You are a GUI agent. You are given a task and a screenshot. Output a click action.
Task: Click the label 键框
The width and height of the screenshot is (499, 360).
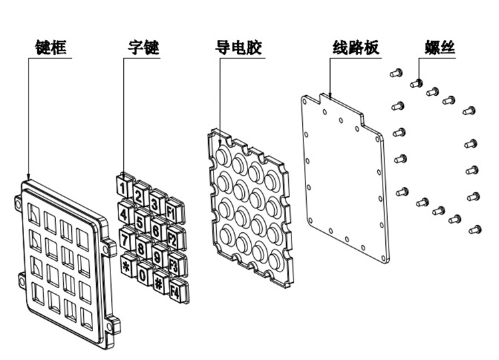[51, 47]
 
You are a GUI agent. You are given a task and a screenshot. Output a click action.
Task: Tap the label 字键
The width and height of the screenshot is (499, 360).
[144, 47]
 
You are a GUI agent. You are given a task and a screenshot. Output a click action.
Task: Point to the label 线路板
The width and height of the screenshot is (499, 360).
[355, 47]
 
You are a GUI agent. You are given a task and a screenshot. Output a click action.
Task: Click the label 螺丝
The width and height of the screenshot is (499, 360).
[440, 47]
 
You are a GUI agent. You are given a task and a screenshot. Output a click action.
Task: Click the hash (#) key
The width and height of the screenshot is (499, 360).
[160, 280]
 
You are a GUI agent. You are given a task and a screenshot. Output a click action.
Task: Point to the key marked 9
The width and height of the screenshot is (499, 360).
[157, 255]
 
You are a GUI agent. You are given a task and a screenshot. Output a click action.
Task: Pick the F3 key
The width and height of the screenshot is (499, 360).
[174, 264]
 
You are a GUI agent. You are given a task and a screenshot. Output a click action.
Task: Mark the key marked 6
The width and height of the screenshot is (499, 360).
[156, 230]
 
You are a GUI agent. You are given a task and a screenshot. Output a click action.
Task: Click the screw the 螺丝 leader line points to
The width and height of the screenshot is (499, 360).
[418, 82]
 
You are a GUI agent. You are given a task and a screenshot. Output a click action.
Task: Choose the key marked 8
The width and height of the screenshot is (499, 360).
[141, 246]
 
